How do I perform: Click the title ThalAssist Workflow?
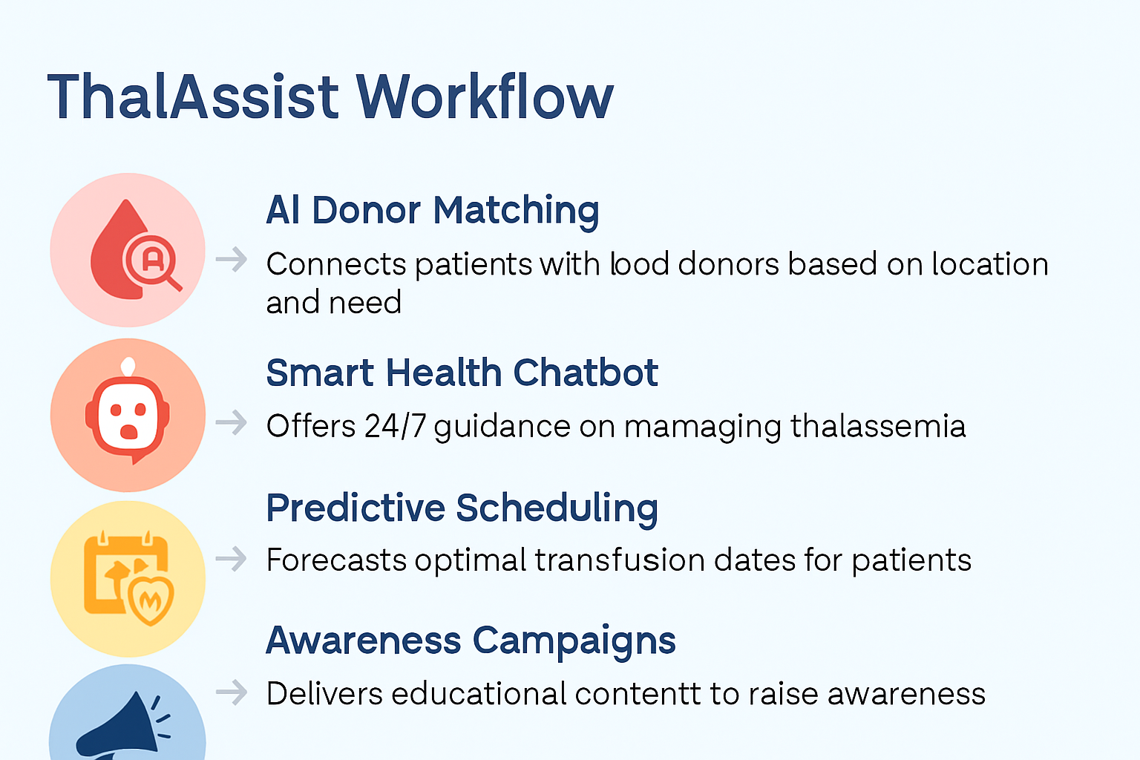[330, 96]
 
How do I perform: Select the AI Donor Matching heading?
[432, 210]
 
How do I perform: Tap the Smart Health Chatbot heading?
[462, 373]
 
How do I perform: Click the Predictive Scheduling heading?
[462, 508]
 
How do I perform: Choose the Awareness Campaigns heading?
[471, 641]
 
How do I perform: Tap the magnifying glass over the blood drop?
[154, 261]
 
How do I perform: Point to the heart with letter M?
[151, 598]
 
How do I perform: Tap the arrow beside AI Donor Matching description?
[232, 260]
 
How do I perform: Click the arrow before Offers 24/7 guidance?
[232, 423]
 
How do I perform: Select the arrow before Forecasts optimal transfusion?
[232, 558]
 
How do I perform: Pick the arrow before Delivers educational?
[232, 692]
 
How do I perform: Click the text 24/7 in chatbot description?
[395, 427]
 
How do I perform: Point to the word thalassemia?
[877, 427]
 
